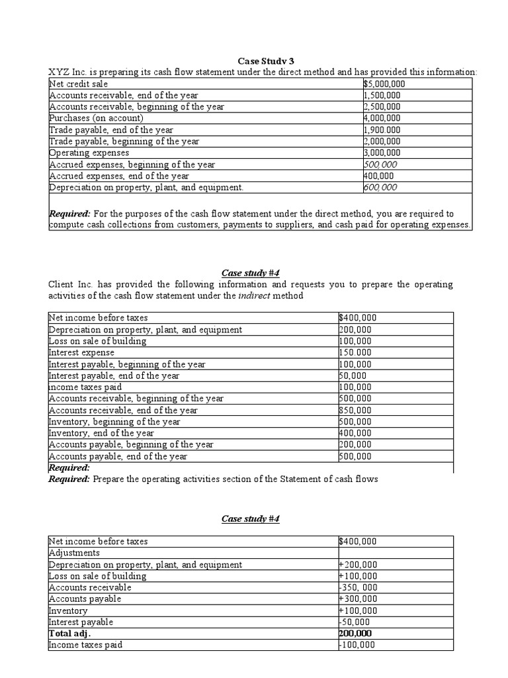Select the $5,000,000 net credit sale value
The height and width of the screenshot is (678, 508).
[x=384, y=84]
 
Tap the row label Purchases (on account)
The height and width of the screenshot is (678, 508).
[x=96, y=119]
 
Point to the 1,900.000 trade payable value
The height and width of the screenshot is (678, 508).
[x=382, y=130]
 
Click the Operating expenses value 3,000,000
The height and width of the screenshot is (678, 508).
[x=382, y=153]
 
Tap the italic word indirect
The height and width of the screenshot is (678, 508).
[x=255, y=295]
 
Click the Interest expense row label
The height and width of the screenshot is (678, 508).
[x=82, y=352]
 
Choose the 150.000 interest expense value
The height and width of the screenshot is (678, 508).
[x=355, y=352]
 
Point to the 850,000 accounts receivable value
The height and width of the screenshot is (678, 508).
[x=355, y=410]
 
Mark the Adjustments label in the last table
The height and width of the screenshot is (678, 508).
[x=74, y=552]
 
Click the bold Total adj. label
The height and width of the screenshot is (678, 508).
[x=69, y=633]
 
